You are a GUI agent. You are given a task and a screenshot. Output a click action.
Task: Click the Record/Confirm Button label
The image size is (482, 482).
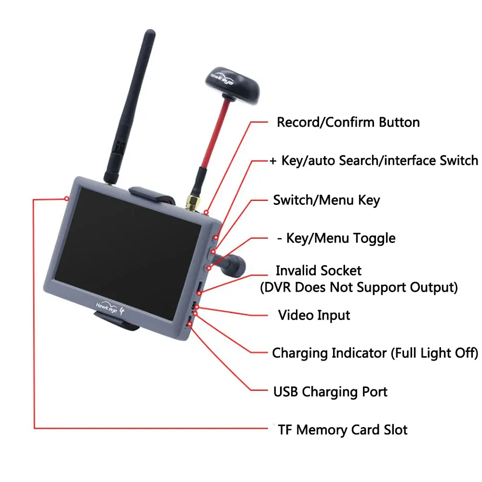(348, 122)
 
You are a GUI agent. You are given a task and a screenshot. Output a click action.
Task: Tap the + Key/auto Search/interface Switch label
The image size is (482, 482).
(374, 161)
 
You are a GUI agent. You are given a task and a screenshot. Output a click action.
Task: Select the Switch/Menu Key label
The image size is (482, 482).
(326, 200)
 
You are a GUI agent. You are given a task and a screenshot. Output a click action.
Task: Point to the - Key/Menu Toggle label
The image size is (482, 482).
(336, 238)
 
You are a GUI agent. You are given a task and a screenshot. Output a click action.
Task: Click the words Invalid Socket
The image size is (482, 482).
(318, 270)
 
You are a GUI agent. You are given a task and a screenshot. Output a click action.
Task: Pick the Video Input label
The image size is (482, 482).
(314, 315)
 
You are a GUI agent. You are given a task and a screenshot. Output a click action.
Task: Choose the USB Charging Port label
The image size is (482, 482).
(330, 392)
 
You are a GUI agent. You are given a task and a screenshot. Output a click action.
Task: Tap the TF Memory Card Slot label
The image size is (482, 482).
(343, 429)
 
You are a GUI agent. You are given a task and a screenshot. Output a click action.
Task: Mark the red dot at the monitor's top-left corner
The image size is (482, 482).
(67, 198)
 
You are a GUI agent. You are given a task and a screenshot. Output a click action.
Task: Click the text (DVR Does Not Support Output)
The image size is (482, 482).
(359, 288)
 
